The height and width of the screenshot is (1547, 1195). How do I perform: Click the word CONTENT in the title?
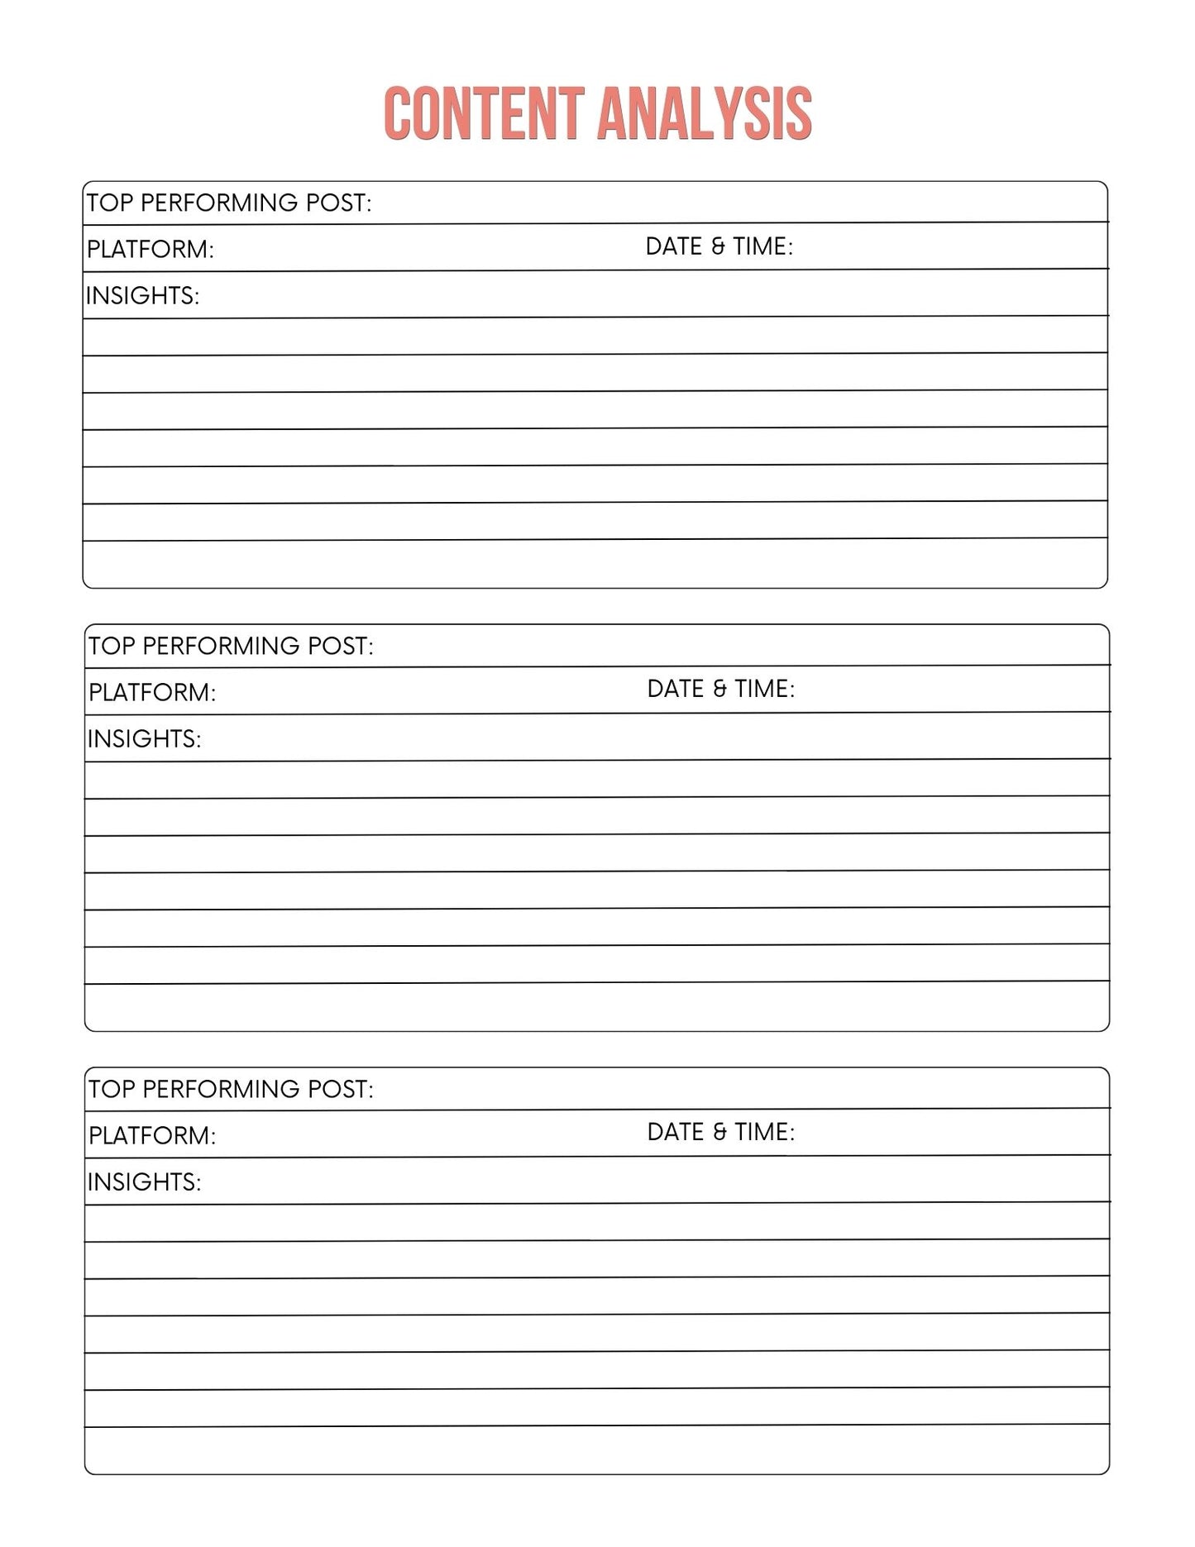click(484, 113)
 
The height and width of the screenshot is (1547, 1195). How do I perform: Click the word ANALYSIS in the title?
click(704, 113)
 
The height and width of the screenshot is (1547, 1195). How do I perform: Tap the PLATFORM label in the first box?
click(151, 249)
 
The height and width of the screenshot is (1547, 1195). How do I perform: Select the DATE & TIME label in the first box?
click(719, 246)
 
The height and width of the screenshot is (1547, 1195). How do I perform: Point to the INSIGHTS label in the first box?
click(143, 295)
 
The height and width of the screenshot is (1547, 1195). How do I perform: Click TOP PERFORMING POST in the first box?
click(229, 203)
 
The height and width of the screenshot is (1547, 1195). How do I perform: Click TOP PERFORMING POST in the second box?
click(231, 646)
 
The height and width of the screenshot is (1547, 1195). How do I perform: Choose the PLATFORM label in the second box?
click(152, 692)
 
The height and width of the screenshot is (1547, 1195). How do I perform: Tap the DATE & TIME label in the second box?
click(720, 689)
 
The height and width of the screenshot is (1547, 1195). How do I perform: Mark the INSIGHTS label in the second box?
click(145, 738)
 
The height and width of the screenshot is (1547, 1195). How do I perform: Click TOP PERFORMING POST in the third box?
click(231, 1089)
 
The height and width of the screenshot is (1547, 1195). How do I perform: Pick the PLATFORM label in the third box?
click(152, 1135)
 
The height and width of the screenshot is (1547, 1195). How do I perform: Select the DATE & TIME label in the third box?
click(720, 1132)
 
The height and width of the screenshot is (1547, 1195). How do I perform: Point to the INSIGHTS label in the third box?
click(145, 1182)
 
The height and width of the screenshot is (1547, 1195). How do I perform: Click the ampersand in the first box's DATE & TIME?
click(718, 246)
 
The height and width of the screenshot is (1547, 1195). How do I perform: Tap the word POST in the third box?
click(341, 1089)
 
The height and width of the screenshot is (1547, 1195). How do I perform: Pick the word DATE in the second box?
click(676, 689)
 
